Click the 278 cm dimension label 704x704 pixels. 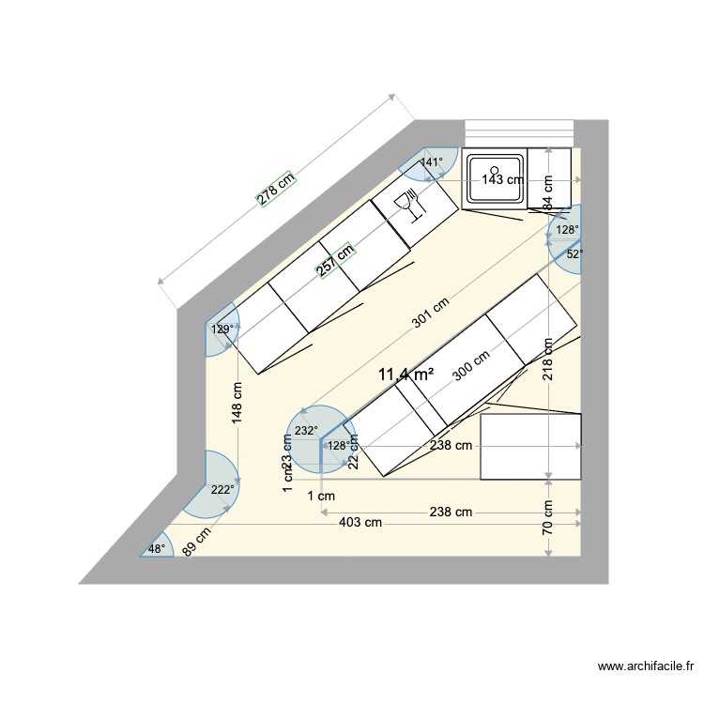(276, 188)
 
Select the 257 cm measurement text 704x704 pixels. (334, 260)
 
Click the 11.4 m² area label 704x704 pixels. (406, 375)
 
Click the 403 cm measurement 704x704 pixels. (359, 522)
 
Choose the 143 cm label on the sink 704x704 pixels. (502, 180)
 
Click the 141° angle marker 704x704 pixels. (430, 162)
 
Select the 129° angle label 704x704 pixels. (222, 329)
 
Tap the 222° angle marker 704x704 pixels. (222, 490)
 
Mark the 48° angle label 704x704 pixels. (156, 549)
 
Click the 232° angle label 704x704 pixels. (306, 431)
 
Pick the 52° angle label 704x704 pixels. (574, 253)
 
